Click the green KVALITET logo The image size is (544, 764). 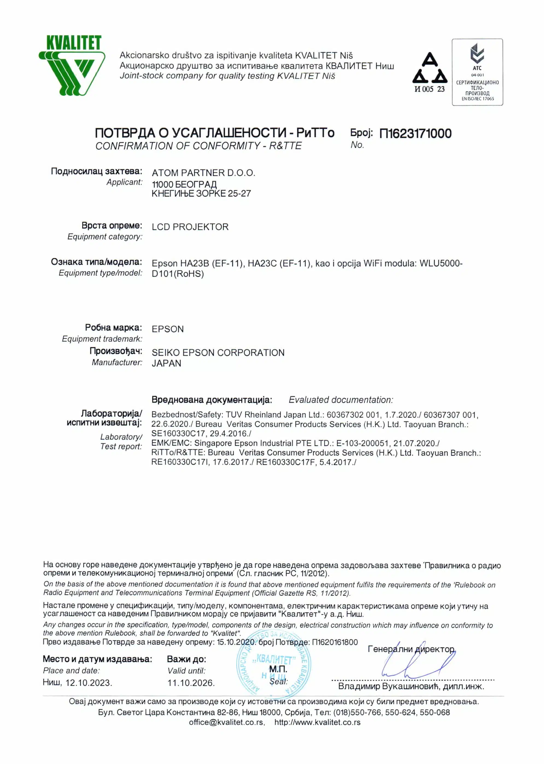[72, 66]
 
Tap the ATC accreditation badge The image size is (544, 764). [477, 72]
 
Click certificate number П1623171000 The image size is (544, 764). [415, 134]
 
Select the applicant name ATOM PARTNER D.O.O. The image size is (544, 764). [203, 173]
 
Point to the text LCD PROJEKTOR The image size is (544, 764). [190, 227]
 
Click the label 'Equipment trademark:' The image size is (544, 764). [102, 339]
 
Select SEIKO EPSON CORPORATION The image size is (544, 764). [218, 353]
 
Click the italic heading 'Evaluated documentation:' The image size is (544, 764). [341, 400]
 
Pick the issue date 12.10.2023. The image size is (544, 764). [89, 683]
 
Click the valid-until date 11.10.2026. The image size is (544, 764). [191, 683]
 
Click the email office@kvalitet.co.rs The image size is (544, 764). [227, 722]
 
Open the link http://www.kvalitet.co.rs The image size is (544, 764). [317, 722]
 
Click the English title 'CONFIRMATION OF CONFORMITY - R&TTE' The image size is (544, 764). [198, 146]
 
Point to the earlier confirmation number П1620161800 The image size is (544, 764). [335, 642]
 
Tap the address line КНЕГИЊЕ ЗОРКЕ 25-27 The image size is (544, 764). [201, 194]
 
